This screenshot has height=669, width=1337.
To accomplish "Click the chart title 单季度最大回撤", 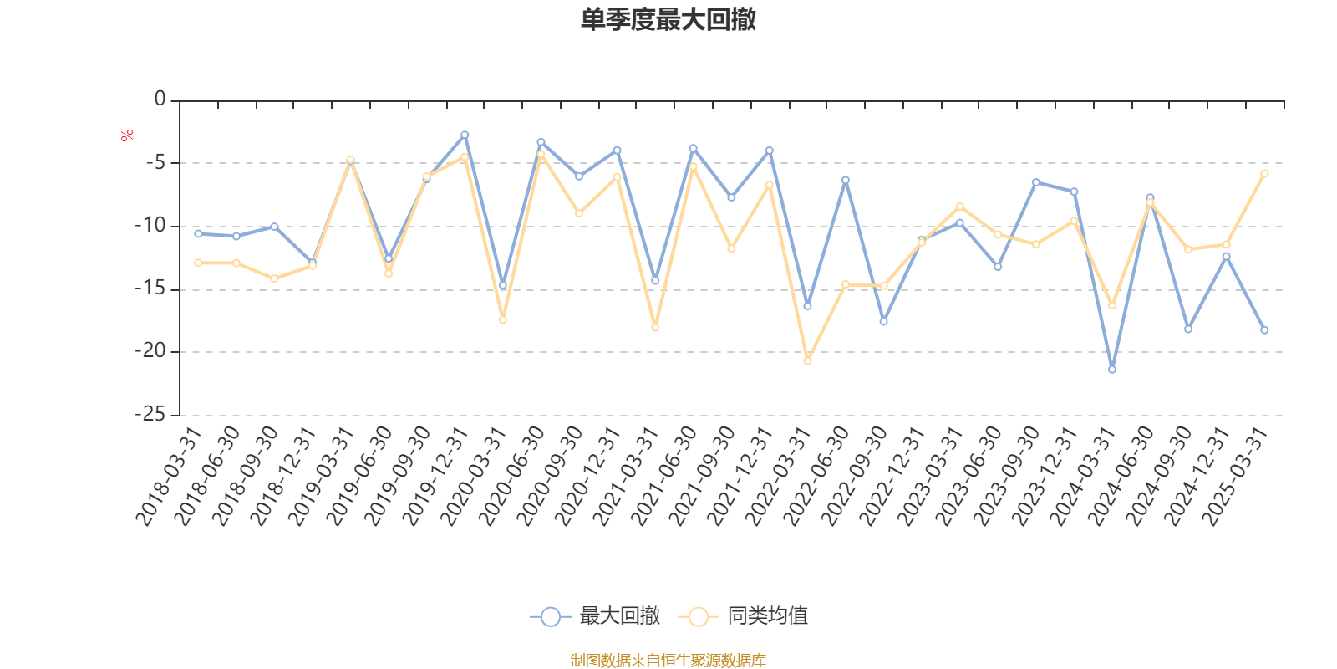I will pos(668,20).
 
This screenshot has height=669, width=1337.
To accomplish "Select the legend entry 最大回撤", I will pos(595,616).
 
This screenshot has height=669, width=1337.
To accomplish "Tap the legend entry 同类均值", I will pos(743,616).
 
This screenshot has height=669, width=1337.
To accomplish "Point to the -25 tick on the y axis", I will pos(150,415).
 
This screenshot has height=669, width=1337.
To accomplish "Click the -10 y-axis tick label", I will pos(150,226).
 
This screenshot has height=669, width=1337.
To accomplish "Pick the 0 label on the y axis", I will pos(160,100).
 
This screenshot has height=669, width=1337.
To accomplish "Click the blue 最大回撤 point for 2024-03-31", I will pos(1111,369).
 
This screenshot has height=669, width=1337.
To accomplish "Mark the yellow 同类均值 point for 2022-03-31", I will pos(807,361).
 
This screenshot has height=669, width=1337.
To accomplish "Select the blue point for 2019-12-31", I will pos(465,135).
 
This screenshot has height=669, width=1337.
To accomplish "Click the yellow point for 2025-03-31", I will pos(1264,173).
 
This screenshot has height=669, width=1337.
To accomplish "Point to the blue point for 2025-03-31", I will pos(1264,330).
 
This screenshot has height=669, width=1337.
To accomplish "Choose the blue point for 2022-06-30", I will pos(846,180).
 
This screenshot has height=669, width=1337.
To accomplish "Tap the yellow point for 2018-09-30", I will pos(274,278).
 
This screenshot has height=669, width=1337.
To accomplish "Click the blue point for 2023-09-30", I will pos(1036,182).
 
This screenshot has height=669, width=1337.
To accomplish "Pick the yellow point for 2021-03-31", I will pos(655,328).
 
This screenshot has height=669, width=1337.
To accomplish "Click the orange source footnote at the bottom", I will pos(668,661).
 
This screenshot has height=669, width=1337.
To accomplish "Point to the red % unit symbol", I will pos(127,135).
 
